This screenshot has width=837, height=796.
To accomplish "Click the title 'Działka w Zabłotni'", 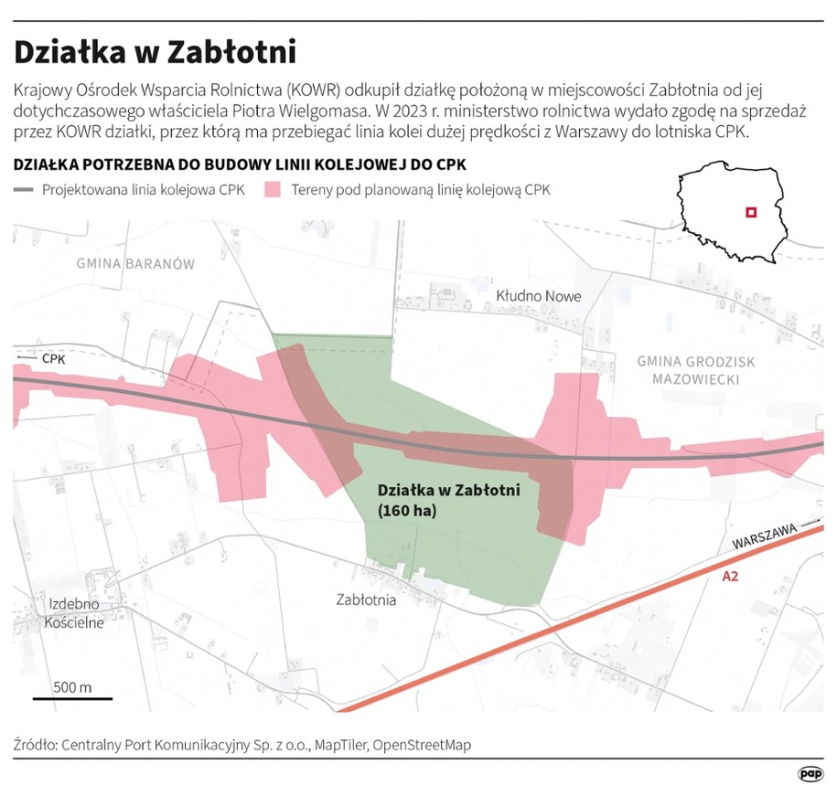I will pyautogui.click(x=155, y=52).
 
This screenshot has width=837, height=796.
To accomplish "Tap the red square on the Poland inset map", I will pyautogui.click(x=750, y=212).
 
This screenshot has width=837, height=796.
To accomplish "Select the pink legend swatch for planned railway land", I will pyautogui.click(x=272, y=191).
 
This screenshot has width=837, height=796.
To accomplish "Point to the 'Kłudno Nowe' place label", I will pyautogui.click(x=538, y=296).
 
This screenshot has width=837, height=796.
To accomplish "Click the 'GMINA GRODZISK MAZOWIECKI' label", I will pyautogui.click(x=696, y=370).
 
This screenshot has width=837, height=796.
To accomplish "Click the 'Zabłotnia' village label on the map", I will pyautogui.click(x=366, y=600).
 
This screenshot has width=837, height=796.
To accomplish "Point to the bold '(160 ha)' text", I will pyautogui.click(x=407, y=512).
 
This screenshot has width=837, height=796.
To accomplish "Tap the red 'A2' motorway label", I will pyautogui.click(x=730, y=577).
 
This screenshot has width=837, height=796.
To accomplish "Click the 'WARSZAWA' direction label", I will pyautogui.click(x=763, y=539).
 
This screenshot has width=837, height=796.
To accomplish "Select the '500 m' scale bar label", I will pyautogui.click(x=72, y=686).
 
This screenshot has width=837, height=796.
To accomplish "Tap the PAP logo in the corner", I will pyautogui.click(x=810, y=774).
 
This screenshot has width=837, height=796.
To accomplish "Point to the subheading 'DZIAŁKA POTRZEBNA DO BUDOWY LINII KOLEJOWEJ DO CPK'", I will pyautogui.click(x=240, y=165).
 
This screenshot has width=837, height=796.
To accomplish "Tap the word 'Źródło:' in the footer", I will pyautogui.click(x=34, y=745).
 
